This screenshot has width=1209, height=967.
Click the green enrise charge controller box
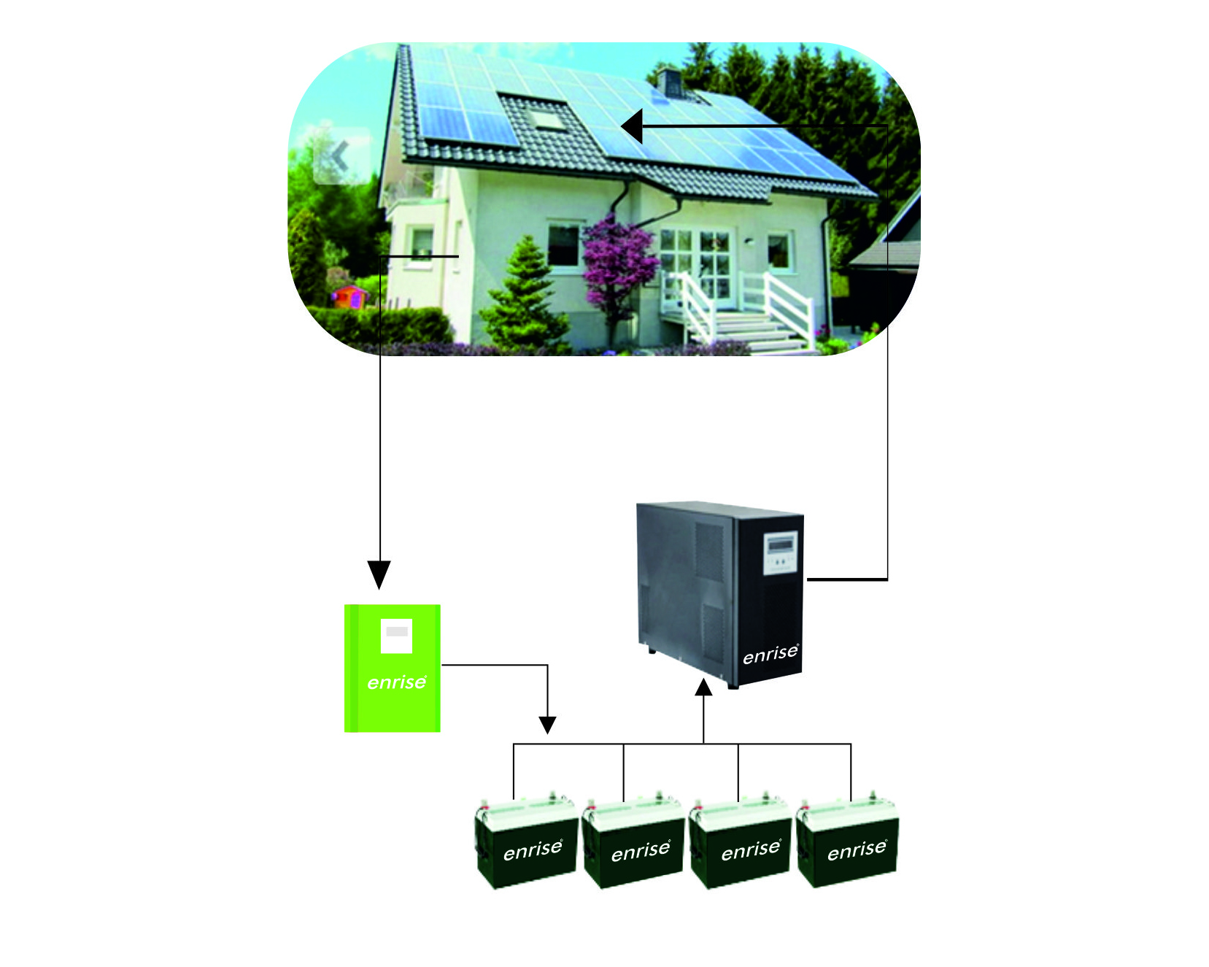392,668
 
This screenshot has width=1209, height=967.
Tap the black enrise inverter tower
719,593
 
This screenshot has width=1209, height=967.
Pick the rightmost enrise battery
848,844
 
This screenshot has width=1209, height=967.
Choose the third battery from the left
740,844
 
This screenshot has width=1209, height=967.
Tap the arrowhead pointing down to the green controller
379,574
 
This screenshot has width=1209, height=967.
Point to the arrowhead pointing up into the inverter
703,687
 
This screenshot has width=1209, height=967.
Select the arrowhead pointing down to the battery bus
547,725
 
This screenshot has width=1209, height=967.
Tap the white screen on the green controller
396,636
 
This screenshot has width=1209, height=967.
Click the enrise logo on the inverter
770,654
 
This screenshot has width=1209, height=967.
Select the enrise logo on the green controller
396,682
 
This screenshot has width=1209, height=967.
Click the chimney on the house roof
669,81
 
